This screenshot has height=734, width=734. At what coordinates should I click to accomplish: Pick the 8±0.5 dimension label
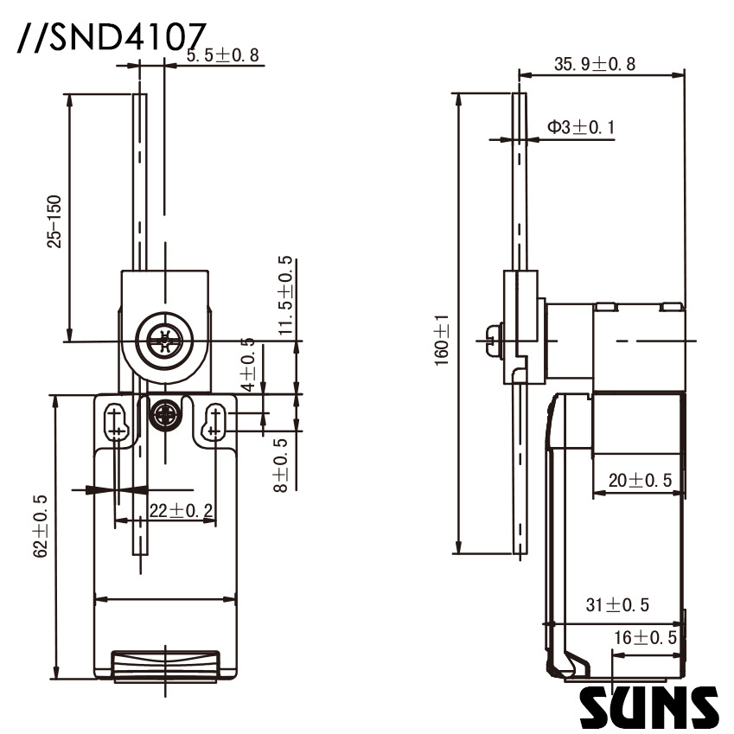click(x=281, y=464)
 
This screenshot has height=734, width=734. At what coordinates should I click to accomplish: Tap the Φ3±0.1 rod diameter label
click(x=580, y=128)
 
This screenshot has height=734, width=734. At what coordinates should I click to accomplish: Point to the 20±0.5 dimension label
click(x=639, y=481)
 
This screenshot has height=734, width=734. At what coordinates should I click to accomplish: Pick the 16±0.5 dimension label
click(x=644, y=638)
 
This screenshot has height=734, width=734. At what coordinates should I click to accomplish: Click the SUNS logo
click(x=648, y=706)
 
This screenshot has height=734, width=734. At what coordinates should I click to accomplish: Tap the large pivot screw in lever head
click(x=163, y=341)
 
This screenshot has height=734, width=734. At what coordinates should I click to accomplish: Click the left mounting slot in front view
click(x=115, y=422)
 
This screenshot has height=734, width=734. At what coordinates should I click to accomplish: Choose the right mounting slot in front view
click(x=213, y=422)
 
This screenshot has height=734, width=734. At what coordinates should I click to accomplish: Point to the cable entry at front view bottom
click(x=164, y=666)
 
